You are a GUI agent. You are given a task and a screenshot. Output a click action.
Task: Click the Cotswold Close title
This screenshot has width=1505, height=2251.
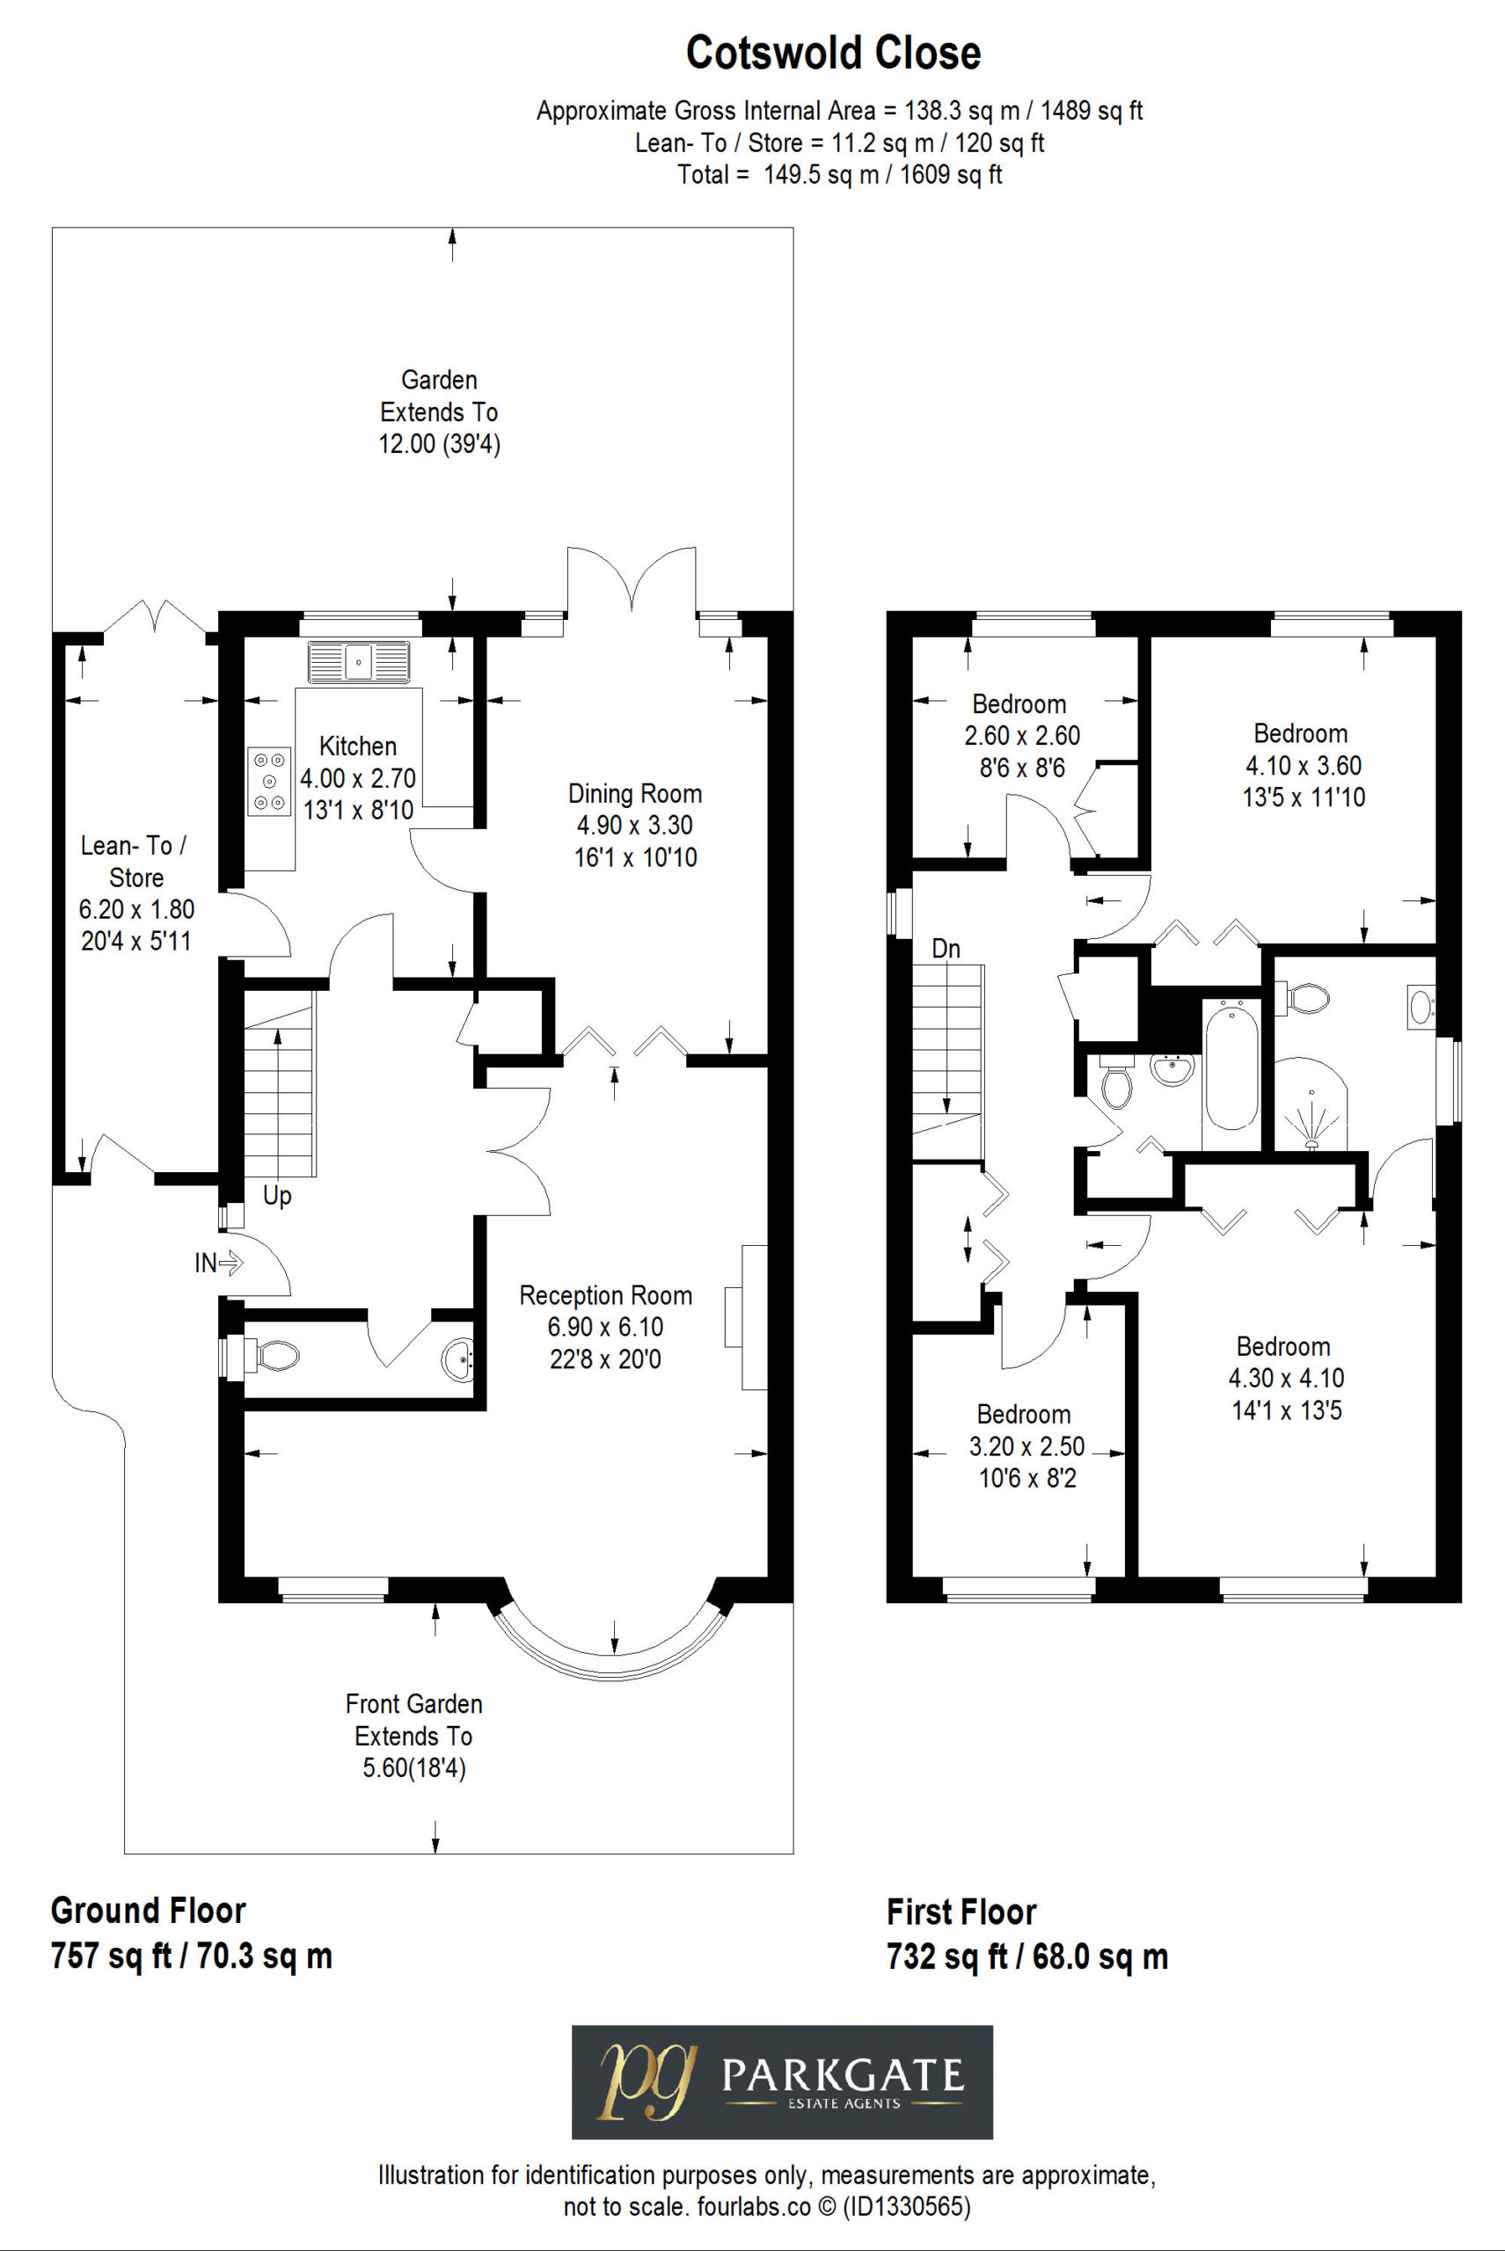[833, 53]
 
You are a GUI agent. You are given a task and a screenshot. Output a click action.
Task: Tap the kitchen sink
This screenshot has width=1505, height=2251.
[358, 662]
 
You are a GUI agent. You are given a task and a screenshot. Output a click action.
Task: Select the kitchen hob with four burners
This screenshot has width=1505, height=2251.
[270, 781]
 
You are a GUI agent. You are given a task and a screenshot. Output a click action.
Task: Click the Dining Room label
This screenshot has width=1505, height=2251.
[634, 793]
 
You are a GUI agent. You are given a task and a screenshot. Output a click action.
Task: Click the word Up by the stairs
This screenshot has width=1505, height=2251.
[276, 1196]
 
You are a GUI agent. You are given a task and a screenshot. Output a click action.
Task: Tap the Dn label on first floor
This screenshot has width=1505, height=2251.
[946, 949]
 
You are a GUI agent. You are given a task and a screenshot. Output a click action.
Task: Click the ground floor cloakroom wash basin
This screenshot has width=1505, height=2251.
[459, 1359]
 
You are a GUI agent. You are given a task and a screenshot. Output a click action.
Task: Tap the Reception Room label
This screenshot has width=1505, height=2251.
[606, 1295]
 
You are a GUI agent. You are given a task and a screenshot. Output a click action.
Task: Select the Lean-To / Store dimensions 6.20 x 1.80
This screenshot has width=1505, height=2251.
[136, 908]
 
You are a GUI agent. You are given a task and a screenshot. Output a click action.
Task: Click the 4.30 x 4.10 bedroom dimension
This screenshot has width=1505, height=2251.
[1286, 1378]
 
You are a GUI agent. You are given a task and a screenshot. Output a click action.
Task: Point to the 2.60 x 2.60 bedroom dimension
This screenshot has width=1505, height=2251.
[1022, 736]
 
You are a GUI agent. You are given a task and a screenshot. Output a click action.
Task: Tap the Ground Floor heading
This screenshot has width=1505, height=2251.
[148, 1911]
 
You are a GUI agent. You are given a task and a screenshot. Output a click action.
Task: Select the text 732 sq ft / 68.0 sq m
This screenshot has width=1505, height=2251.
[1027, 1956]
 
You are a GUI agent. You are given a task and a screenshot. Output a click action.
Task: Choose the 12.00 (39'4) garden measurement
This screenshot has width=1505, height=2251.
[440, 444]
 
